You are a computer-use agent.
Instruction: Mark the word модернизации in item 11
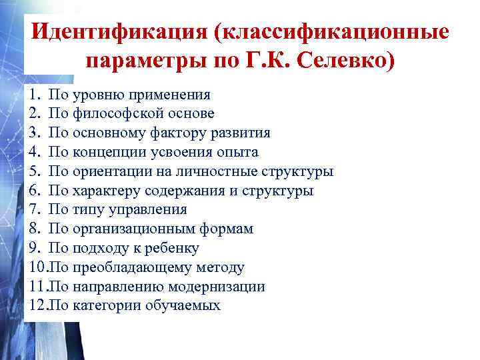click(218, 287)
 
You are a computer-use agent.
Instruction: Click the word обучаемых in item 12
click(184, 305)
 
